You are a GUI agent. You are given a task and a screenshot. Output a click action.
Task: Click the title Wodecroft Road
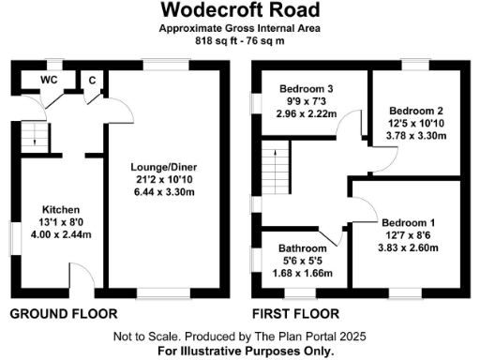coord(239,10)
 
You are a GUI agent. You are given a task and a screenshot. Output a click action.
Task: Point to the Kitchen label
coord(61,208)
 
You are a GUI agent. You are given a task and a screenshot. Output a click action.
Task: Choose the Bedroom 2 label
coord(412,109)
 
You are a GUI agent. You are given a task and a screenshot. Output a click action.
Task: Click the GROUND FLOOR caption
coord(63,313)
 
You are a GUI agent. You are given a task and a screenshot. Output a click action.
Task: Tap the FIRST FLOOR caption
coord(295,313)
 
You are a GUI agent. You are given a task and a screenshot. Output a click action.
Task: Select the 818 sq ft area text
coord(212,41)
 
